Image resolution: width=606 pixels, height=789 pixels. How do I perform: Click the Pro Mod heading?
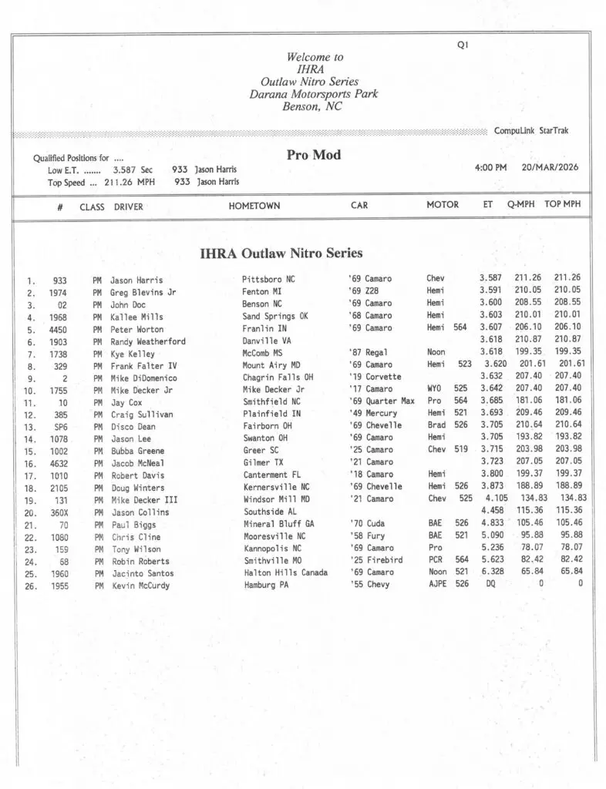coord(313,155)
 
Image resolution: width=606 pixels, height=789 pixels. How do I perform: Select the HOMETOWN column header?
coord(254,206)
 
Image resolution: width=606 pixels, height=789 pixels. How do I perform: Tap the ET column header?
coord(488,205)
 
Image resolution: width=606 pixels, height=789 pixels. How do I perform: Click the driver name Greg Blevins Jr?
coord(143,292)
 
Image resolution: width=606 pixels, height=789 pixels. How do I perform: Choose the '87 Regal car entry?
coord(368,353)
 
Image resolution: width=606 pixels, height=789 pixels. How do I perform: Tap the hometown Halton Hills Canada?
coord(284,572)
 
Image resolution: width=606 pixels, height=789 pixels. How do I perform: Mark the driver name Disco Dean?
coord(133,426)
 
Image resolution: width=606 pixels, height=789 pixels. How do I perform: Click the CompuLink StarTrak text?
coord(531,131)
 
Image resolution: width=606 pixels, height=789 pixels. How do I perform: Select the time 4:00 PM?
coord(490,167)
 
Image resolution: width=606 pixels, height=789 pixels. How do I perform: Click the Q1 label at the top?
coord(463,45)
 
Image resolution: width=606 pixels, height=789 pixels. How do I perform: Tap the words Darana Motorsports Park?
coord(314,94)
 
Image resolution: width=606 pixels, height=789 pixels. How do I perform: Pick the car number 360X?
coord(58,512)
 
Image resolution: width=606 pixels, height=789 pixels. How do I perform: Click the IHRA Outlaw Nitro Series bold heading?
coord(281,253)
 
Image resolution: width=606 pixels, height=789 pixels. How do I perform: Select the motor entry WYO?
coord(434,389)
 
